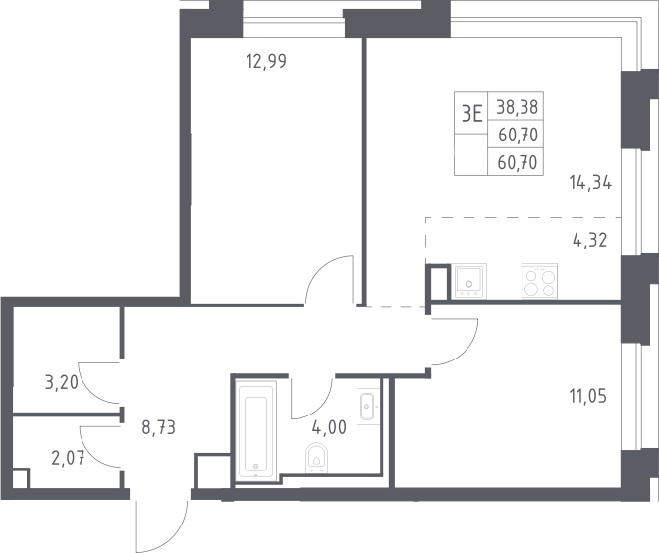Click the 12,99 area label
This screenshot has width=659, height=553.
pos(266,61)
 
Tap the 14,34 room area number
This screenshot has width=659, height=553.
pos(590,183)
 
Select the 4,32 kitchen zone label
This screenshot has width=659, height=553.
pos(590,241)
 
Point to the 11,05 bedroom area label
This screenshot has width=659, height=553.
pos(588,396)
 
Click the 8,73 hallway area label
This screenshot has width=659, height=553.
pos(158,428)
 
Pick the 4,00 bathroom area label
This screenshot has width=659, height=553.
pos(329,428)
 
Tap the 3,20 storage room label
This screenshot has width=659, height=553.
pos(61,383)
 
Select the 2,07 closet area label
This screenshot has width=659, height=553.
pos(68,458)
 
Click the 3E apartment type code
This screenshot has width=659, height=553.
pos(471,114)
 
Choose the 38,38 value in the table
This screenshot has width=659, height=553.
pos(517,108)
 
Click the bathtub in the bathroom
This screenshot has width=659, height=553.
pos(256,429)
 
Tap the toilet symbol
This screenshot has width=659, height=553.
pos(317,458)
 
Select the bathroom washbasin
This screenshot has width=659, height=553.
pos(368,407)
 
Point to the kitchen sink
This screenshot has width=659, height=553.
pos(468,281)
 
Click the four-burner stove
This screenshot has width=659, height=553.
pos(539,281)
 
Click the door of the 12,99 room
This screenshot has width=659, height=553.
pos(318,267)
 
